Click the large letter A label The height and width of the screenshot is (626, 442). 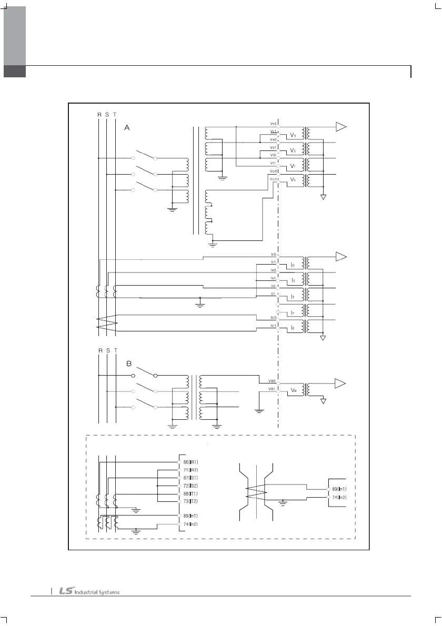[127, 127]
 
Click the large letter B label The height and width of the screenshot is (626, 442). [129, 364]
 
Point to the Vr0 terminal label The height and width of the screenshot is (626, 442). [273, 123]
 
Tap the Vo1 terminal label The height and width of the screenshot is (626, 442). [273, 179]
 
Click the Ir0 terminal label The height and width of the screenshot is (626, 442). [273, 255]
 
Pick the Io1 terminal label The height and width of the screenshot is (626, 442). [273, 326]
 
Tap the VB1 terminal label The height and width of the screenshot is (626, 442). [273, 389]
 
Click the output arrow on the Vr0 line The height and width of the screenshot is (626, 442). [341, 126]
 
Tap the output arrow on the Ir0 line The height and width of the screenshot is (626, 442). [341, 256]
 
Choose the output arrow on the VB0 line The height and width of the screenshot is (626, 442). [341, 382]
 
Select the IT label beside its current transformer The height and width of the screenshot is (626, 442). [293, 297]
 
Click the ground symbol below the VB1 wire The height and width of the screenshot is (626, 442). [258, 411]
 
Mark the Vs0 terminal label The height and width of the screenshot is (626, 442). [273, 139]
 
